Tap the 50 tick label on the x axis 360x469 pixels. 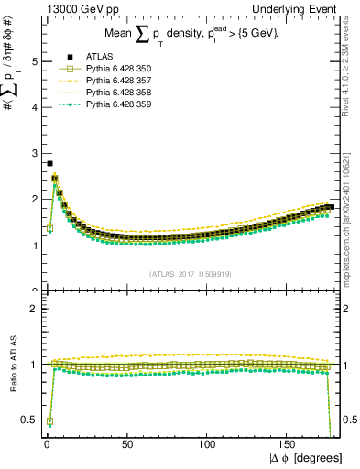point(126,445)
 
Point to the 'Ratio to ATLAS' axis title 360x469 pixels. point(11,365)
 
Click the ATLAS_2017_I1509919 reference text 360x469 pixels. point(191,273)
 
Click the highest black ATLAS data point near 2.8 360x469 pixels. point(49,163)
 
